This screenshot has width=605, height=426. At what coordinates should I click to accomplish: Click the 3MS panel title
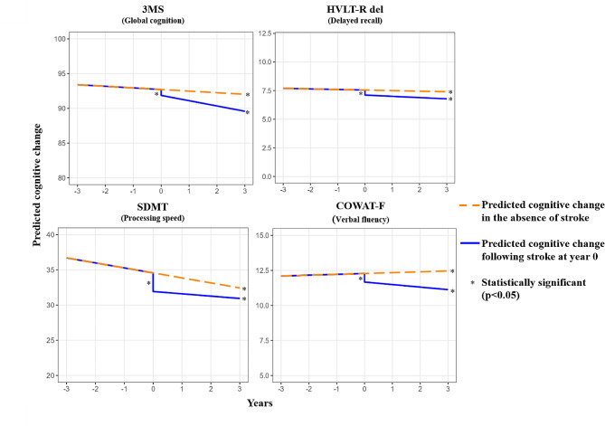coord(153,9)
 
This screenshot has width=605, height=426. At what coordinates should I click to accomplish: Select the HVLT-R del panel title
coord(355,9)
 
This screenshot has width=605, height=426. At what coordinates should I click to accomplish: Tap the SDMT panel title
coord(153,207)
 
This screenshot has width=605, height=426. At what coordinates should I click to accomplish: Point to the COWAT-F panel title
coord(360,205)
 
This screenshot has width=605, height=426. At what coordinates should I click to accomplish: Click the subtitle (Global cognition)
coord(153,21)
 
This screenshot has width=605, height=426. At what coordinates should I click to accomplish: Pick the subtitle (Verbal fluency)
coord(360,220)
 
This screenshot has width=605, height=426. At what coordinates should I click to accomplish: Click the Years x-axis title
coord(260,403)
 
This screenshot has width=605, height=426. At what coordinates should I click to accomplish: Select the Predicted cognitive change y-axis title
coord(37,185)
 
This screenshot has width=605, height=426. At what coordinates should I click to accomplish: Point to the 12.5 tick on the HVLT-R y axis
coord(265,34)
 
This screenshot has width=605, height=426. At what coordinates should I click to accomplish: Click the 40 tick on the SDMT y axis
coord(50,234)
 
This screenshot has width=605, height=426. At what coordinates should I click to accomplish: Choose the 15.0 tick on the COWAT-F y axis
coord(262,235)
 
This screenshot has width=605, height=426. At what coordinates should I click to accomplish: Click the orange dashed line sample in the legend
coord(469,205)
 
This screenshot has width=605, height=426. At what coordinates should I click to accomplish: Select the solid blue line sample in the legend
coord(469,243)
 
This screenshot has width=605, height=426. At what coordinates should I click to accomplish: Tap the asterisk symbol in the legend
coord(473,283)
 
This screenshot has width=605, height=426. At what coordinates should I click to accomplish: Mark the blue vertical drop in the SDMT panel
coord(153,282)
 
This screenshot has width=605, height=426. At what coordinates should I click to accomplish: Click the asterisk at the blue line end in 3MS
coord(247,113)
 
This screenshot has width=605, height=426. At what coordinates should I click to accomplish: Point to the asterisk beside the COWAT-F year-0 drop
coord(360,279)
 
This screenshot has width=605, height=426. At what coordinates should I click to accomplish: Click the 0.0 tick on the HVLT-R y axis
coord(266,176)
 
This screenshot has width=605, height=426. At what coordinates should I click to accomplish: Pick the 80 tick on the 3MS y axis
coord(61,178)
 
